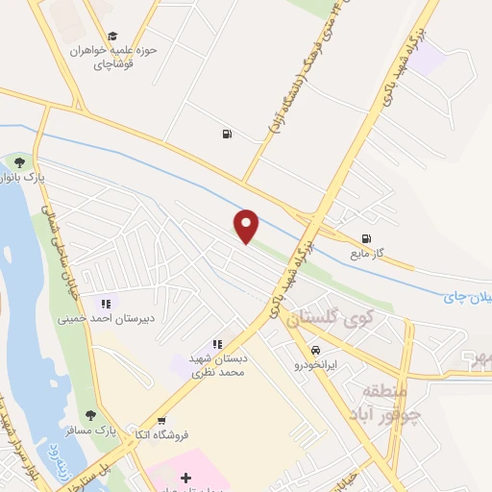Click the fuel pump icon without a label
click(226, 135)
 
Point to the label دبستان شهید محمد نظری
click(217, 363)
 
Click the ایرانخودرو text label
click(315, 365)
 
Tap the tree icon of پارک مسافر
click(90, 415)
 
